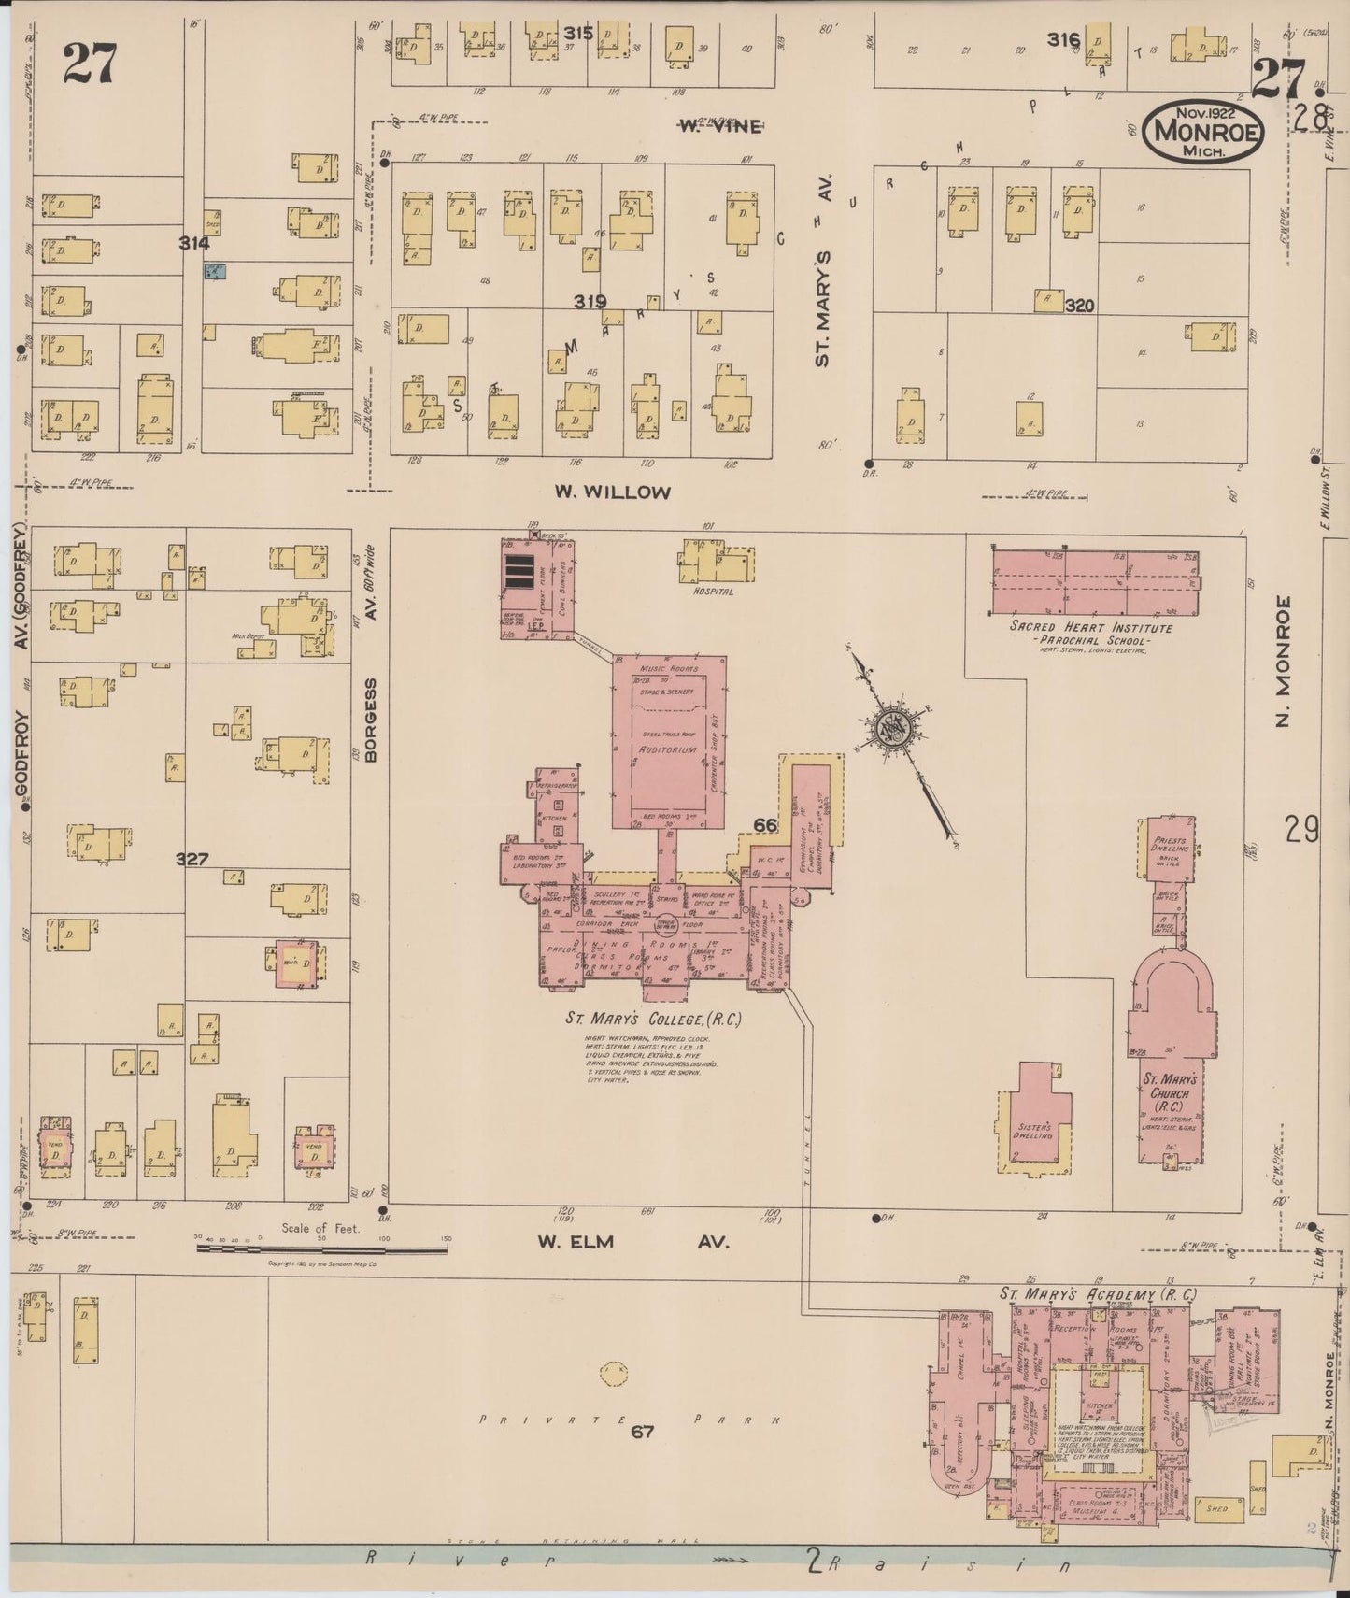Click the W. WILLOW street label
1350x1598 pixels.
tap(613, 492)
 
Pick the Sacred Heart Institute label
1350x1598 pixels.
tap(1090, 628)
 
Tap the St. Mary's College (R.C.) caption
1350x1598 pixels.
tap(653, 1018)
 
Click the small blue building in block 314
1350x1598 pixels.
tap(215, 272)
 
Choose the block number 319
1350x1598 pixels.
tap(590, 302)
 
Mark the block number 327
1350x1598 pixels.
tap(192, 859)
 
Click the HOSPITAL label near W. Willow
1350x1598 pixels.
tap(713, 592)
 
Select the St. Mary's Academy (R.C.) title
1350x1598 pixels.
tap(1097, 1294)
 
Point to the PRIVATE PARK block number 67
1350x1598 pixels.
tap(642, 1431)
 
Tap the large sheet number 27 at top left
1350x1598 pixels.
tap(90, 63)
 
